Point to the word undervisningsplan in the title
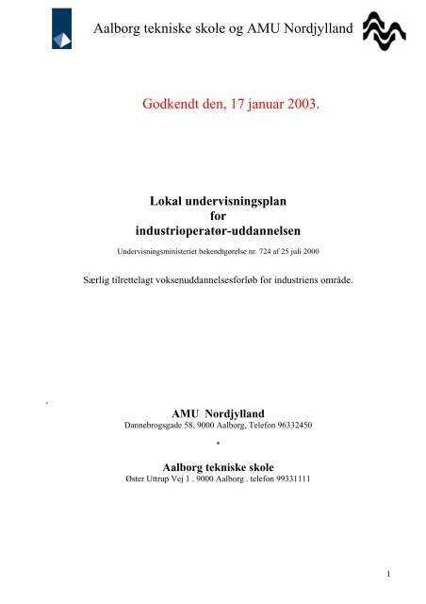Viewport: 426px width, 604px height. [231, 201]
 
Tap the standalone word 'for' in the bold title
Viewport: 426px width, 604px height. [212, 216]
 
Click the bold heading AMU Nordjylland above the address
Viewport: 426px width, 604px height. [213, 413]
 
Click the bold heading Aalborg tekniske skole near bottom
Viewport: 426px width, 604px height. [213, 466]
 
